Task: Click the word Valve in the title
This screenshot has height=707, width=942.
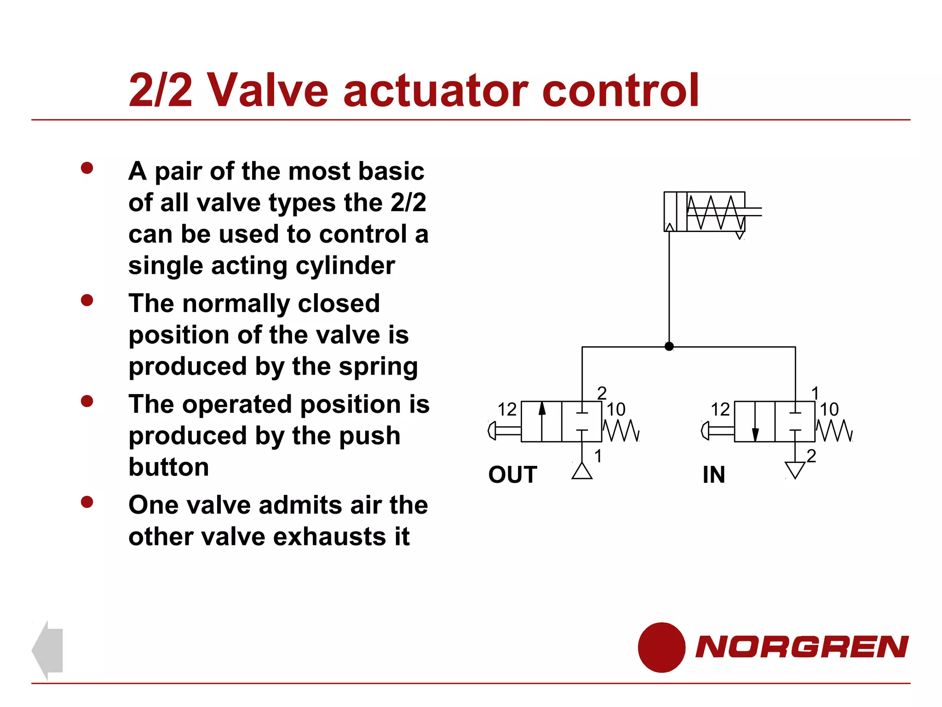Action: click(268, 90)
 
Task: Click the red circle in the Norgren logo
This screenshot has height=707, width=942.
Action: click(661, 647)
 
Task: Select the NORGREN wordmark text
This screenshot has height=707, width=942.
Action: click(802, 647)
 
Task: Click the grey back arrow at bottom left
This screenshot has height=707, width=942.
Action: click(48, 649)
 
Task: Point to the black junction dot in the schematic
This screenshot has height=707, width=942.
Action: click(669, 346)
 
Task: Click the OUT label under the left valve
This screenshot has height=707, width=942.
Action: click(512, 475)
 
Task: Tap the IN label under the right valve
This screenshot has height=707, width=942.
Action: click(713, 475)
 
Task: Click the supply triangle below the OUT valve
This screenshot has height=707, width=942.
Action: click(582, 471)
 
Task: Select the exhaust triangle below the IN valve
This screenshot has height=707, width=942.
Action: click(795, 469)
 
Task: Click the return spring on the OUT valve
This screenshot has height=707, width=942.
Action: click(621, 431)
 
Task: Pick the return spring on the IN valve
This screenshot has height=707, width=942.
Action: click(834, 431)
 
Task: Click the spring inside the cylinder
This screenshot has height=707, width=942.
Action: click(716, 212)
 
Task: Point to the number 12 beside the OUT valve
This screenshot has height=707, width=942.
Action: click(507, 409)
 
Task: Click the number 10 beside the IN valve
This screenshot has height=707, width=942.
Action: click(829, 409)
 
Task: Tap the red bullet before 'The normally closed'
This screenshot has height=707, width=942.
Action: click(87, 301)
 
